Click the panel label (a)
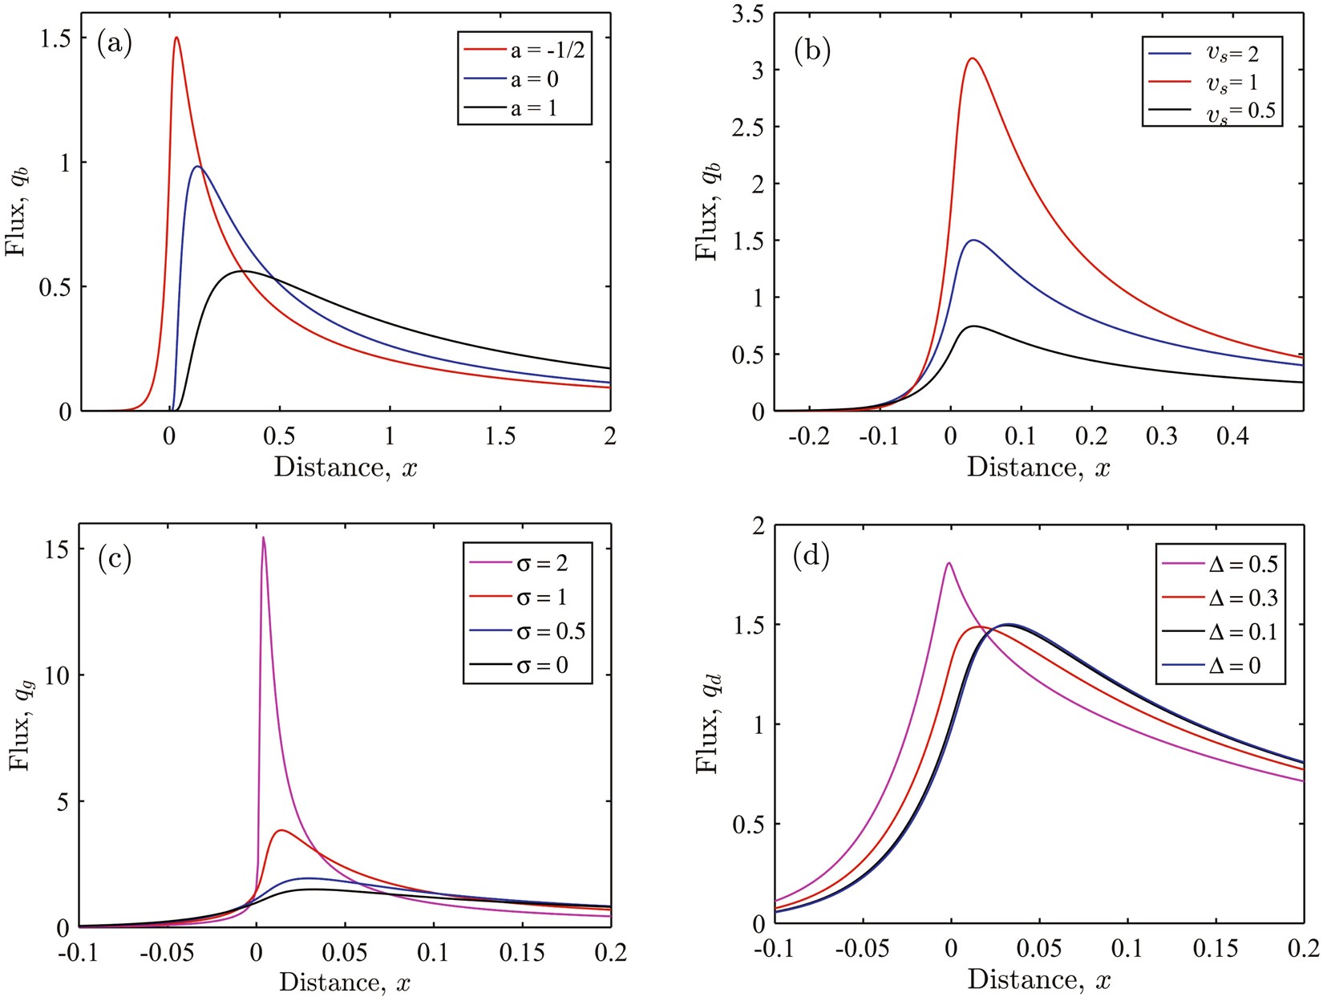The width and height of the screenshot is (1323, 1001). coord(114,43)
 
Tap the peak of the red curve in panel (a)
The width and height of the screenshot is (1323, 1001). coord(176,38)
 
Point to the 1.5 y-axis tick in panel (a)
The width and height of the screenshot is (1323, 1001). coord(54,38)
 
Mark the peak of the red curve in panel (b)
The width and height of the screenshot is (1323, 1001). coord(972,59)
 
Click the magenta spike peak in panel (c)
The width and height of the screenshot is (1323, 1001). coord(263,538)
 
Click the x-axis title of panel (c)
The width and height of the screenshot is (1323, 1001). coord(346,982)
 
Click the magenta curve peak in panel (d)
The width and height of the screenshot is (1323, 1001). coord(949,563)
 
